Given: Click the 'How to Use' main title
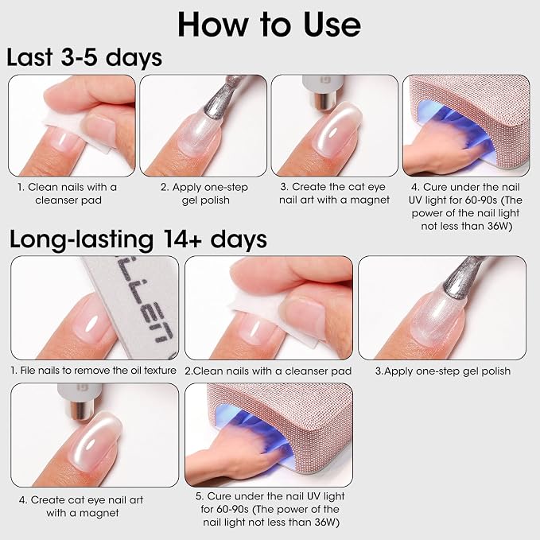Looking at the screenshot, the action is pyautogui.click(x=269, y=25).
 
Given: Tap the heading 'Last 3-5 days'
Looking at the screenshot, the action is pyautogui.click(x=84, y=57).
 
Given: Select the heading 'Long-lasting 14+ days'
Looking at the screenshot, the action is pyautogui.click(x=138, y=239).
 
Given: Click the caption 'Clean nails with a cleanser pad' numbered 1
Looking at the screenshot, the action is pyautogui.click(x=68, y=193).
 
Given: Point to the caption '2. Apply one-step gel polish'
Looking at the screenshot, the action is pyautogui.click(x=204, y=193).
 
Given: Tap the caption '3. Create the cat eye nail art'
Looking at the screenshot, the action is pyautogui.click(x=334, y=193).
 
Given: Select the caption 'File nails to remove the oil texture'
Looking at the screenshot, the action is pyautogui.click(x=93, y=371).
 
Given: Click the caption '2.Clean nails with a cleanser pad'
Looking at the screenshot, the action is pyautogui.click(x=268, y=371).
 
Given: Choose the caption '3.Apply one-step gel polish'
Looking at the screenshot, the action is pyautogui.click(x=443, y=371).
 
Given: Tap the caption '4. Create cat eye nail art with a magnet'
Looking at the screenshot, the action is pyautogui.click(x=81, y=507).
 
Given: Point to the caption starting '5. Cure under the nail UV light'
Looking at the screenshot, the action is pyautogui.click(x=270, y=509).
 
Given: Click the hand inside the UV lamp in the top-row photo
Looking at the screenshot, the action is pyautogui.click(x=448, y=146).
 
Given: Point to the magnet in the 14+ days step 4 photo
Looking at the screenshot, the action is pyautogui.click(x=80, y=401).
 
